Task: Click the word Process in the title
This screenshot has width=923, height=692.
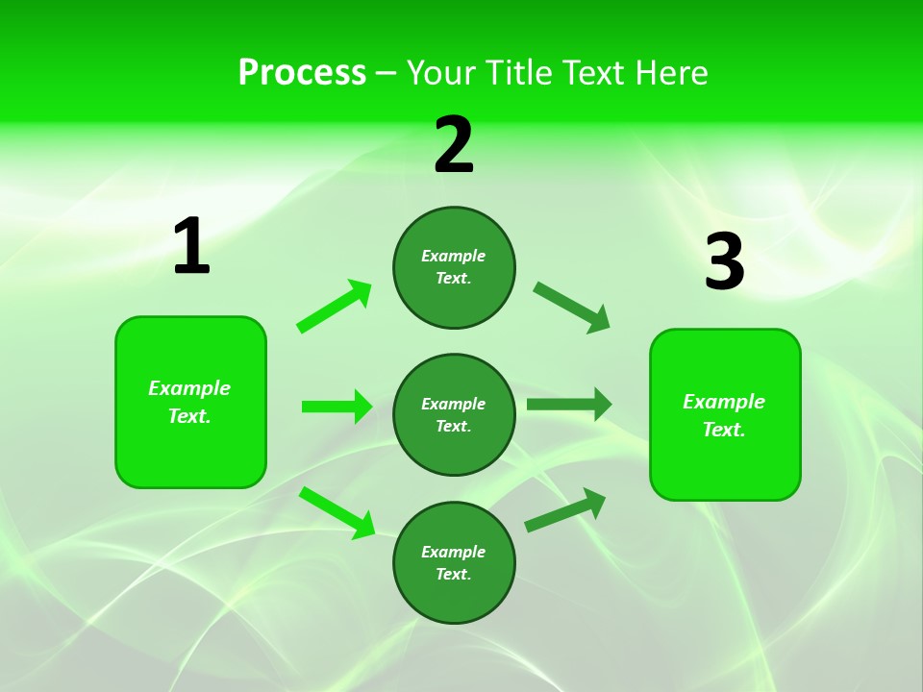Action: [x=302, y=73]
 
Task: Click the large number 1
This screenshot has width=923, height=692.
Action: [x=191, y=247]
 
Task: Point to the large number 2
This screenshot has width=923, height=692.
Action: [x=454, y=146]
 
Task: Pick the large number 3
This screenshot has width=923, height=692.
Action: [x=724, y=262]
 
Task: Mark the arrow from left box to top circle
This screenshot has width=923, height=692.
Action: [x=335, y=307]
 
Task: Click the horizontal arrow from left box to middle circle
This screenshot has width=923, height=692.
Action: [x=337, y=407]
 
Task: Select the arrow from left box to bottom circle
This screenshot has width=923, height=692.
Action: [x=337, y=512]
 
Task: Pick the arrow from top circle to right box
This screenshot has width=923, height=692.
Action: [x=572, y=308]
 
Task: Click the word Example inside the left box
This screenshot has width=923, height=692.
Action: [x=189, y=388]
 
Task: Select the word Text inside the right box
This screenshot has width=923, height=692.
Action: [x=724, y=430]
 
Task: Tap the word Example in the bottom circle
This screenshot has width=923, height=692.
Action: [x=454, y=552]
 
